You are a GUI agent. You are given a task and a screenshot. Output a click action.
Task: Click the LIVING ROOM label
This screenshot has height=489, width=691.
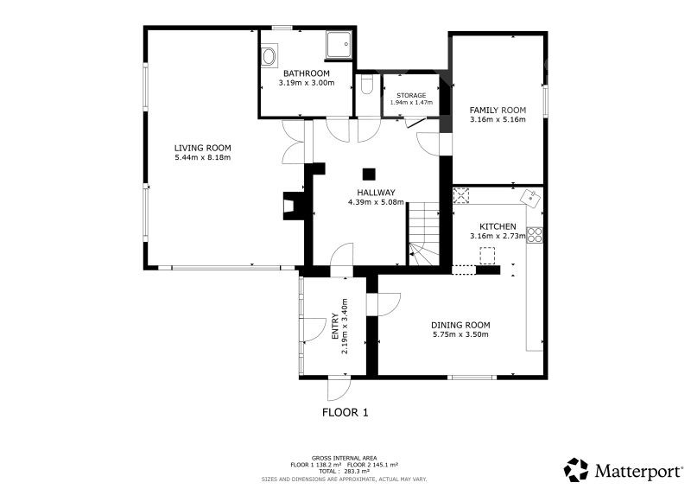[x=202, y=148]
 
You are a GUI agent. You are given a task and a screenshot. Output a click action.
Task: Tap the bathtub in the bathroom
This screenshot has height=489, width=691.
[x=269, y=55]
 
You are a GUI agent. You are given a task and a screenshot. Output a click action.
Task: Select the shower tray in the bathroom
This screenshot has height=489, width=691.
[x=339, y=45]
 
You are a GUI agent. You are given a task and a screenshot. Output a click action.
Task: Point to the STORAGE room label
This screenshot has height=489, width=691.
[x=411, y=95]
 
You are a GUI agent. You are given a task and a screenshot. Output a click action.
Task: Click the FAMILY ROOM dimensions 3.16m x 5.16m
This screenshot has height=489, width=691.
[x=498, y=119]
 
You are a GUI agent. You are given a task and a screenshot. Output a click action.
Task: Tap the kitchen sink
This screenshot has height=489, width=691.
[x=531, y=198]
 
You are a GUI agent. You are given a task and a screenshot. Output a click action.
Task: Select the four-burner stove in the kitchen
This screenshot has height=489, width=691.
[x=535, y=235]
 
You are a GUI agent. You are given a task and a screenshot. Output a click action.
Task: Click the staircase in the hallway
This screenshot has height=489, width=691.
[x=424, y=233]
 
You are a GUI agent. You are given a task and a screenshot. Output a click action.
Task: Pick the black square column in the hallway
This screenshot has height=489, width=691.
[x=369, y=175]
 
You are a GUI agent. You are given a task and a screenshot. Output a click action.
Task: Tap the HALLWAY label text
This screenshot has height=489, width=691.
[x=376, y=193]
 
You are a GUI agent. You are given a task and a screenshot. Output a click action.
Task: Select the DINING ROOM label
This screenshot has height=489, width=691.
[x=460, y=326]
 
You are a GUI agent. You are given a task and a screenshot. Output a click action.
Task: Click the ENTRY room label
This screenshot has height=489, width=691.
[x=335, y=327]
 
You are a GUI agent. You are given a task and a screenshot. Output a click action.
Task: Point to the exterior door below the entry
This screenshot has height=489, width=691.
[x=339, y=388]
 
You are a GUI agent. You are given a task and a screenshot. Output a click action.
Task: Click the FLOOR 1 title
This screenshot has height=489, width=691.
[x=345, y=413]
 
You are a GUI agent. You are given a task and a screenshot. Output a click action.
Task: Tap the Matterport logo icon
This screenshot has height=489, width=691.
[x=576, y=470]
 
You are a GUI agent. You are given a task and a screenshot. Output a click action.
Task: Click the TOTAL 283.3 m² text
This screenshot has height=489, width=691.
[x=344, y=471]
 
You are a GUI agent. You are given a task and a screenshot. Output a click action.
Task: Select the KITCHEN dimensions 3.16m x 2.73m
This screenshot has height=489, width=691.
[x=498, y=236]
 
